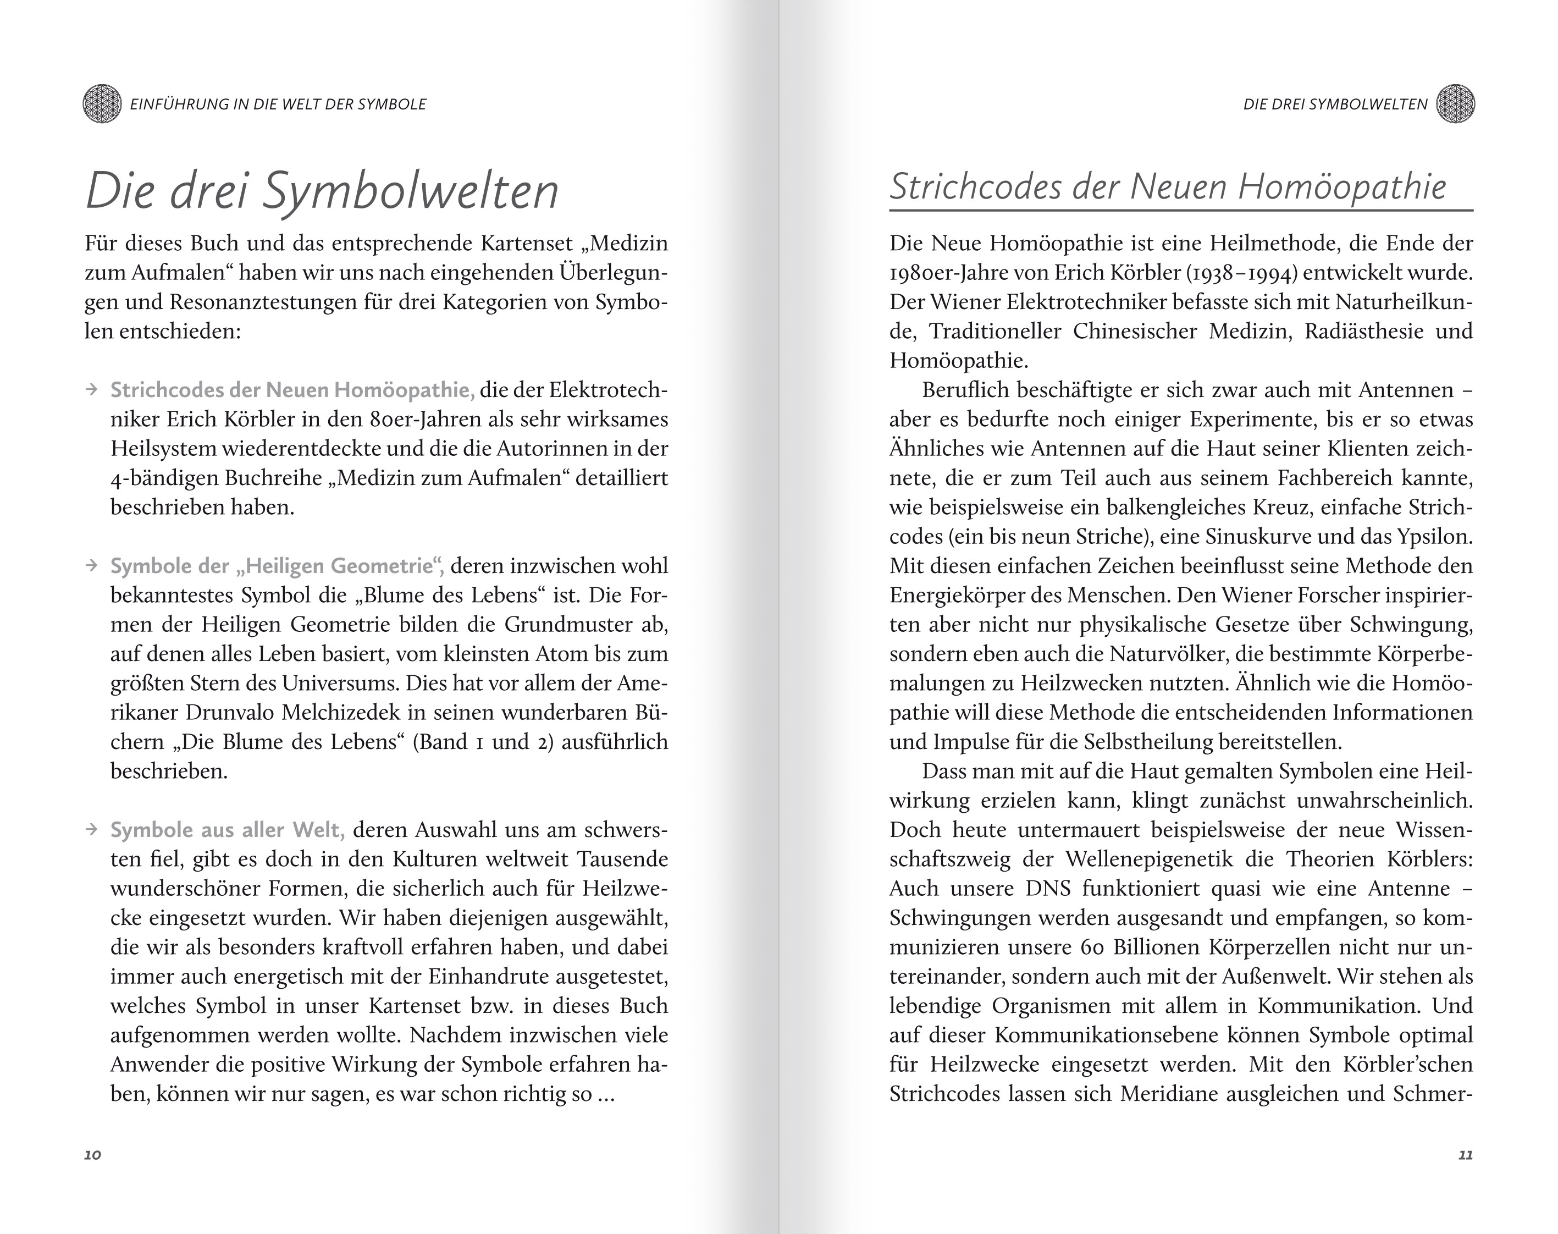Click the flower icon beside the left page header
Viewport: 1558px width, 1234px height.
point(102,104)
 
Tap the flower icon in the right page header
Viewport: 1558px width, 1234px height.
point(1455,104)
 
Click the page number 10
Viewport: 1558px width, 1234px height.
point(92,1154)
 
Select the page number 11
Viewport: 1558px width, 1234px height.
point(1465,1154)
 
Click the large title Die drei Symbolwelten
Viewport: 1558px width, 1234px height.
point(322,191)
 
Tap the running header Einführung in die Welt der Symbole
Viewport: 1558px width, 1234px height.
point(278,104)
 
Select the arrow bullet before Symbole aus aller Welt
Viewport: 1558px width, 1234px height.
point(92,829)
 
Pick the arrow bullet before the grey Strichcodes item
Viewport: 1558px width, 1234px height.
point(92,390)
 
